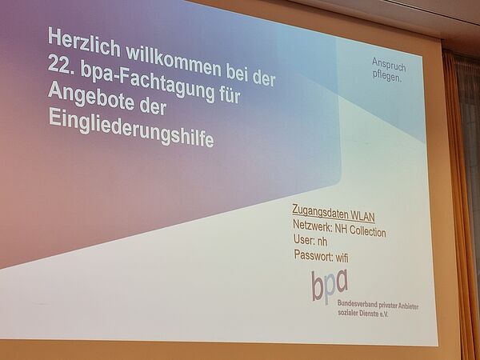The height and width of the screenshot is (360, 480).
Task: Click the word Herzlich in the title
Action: click(84, 43)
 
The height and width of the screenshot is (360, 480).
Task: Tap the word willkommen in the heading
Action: click(173, 62)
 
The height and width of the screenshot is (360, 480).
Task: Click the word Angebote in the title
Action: click(91, 96)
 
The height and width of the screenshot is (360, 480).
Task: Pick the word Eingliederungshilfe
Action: click(130, 129)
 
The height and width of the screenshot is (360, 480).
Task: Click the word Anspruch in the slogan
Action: click(389, 65)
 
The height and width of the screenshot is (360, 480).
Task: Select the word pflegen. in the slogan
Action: click(387, 76)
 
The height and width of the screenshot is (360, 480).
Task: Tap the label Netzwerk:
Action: click(312, 226)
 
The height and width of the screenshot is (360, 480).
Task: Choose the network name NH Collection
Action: click(360, 230)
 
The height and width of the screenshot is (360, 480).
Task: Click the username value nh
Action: click(322, 242)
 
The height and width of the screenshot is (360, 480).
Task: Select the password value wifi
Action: click(342, 258)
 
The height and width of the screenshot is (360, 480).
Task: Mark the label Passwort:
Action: click(313, 256)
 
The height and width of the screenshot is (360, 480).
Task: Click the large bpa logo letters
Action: click(330, 286)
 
